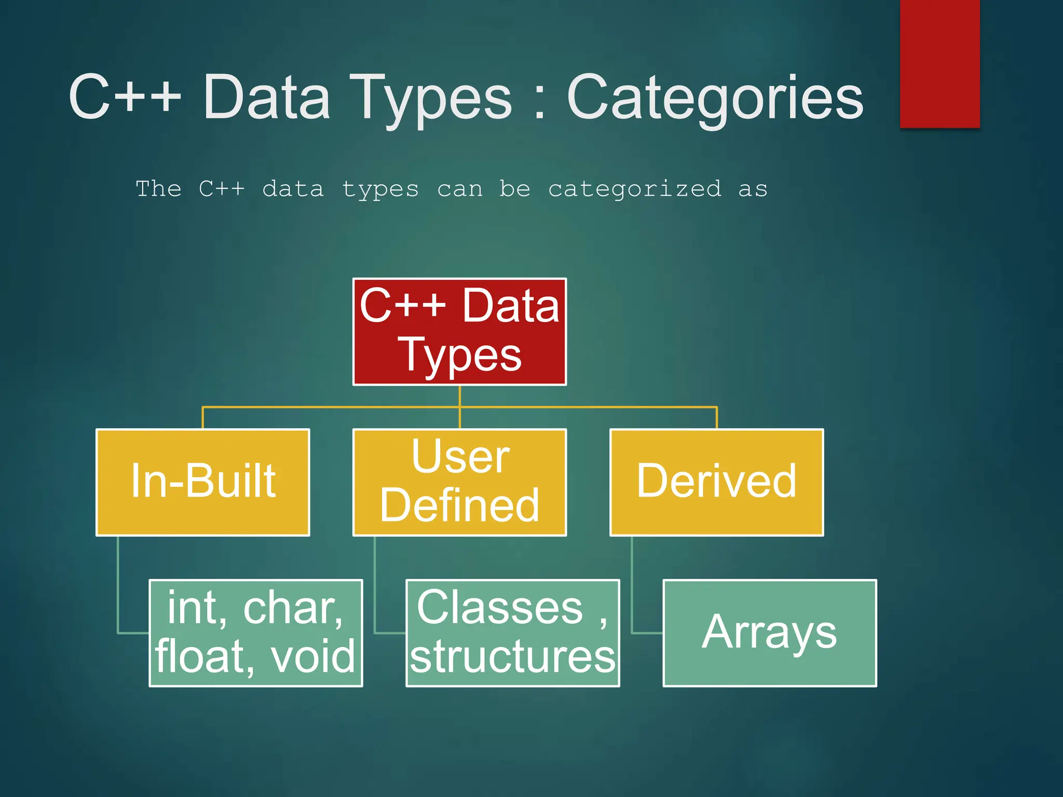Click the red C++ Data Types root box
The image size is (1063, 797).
click(x=459, y=332)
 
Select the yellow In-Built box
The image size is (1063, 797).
click(x=203, y=483)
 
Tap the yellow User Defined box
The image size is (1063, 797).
click(x=459, y=483)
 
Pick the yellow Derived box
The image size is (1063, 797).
click(x=716, y=483)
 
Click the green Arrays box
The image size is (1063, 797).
click(x=770, y=633)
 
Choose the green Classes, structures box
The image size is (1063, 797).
click(x=513, y=633)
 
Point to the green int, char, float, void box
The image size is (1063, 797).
click(x=256, y=633)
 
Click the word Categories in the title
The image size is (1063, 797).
click(x=715, y=98)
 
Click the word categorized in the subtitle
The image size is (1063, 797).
click(x=635, y=189)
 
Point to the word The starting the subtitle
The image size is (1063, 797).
click(x=159, y=188)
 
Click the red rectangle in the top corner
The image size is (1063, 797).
click(x=939, y=63)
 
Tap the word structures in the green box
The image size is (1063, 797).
click(x=513, y=657)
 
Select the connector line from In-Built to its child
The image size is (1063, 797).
click(x=118, y=586)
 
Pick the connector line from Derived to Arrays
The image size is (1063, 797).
click(x=632, y=586)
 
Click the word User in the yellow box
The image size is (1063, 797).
click(x=460, y=457)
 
